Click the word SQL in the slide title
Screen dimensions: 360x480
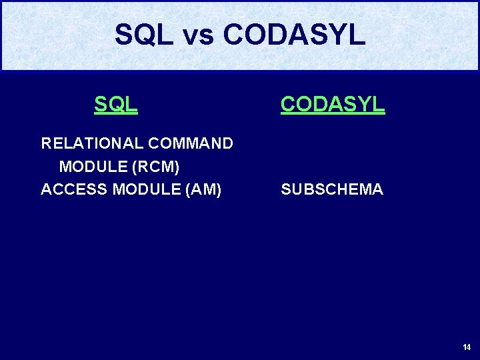pyautogui.click(x=144, y=35)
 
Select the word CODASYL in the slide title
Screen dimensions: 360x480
pyautogui.click(x=294, y=35)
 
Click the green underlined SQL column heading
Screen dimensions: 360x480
pyautogui.click(x=116, y=104)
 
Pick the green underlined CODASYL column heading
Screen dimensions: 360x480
pyautogui.click(x=333, y=104)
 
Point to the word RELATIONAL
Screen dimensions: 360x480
pyautogui.click(x=92, y=143)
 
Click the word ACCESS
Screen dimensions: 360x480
pyautogui.click(x=74, y=189)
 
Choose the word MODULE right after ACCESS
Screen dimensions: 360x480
pyautogui.click(x=140, y=189)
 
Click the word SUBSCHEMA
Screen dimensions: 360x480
pyautogui.click(x=332, y=189)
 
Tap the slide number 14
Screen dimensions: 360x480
pyautogui.click(x=466, y=347)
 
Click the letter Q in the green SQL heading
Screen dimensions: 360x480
pyautogui.click(x=116, y=104)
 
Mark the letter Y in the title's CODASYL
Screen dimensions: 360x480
pyautogui.click(x=337, y=35)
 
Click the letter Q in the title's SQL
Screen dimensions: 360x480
pyautogui.click(x=145, y=35)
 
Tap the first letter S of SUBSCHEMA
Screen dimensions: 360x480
pyautogui.click(x=286, y=189)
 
